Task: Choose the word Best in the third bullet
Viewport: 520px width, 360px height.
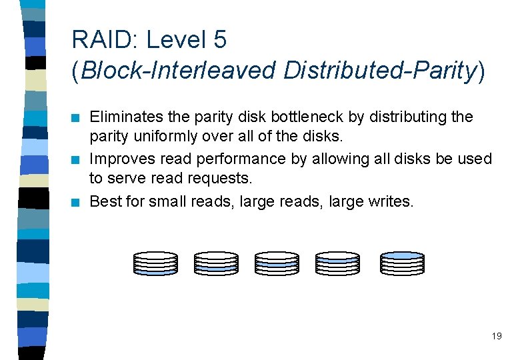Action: (102, 201)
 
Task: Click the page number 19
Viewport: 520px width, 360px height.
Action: (497, 336)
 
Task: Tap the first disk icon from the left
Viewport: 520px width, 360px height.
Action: (155, 263)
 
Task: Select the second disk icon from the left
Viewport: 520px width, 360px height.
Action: (216, 263)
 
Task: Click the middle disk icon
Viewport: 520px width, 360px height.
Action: (277, 263)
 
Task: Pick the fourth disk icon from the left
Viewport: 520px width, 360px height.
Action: (337, 263)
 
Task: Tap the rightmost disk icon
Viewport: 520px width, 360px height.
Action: (401, 263)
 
